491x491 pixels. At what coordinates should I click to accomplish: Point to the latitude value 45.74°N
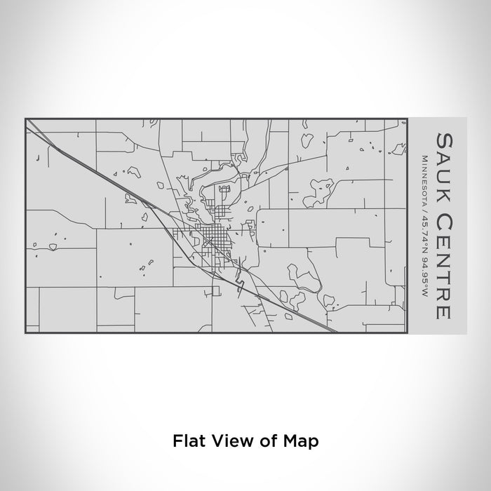424,229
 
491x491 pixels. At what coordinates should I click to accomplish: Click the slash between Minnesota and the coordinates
424,208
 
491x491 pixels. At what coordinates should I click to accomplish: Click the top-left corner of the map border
26,119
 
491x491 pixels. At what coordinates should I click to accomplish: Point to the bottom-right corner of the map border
406,333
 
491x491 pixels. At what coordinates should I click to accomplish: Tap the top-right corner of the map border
406,119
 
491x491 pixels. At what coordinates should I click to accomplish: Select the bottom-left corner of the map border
26,333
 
